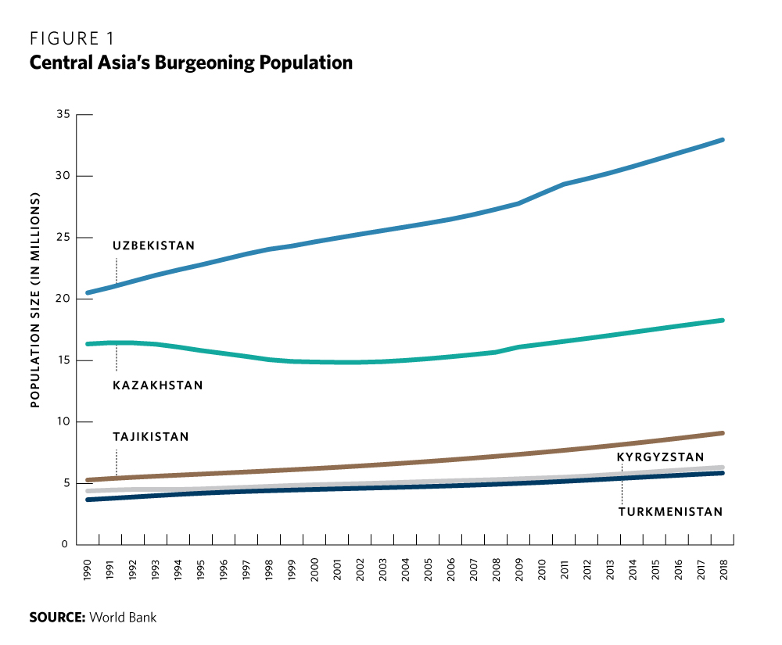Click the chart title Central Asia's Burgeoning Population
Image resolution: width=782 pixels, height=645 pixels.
(191, 63)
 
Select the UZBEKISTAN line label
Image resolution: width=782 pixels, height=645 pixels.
(153, 245)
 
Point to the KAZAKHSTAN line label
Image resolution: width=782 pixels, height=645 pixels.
(157, 385)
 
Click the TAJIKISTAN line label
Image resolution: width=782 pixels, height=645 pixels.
(151, 437)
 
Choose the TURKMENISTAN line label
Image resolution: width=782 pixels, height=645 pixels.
(670, 512)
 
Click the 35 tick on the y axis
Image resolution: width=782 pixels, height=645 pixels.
(63, 115)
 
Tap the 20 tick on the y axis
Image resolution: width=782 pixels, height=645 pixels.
(63, 299)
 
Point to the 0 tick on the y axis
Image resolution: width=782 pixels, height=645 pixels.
(66, 544)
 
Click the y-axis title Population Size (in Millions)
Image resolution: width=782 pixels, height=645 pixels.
(34, 300)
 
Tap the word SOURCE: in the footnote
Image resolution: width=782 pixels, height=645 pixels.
(57, 618)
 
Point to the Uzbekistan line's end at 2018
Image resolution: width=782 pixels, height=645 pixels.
(723, 140)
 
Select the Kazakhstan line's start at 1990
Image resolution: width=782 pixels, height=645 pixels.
(88, 344)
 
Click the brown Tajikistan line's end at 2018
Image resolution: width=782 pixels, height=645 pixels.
(723, 432)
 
